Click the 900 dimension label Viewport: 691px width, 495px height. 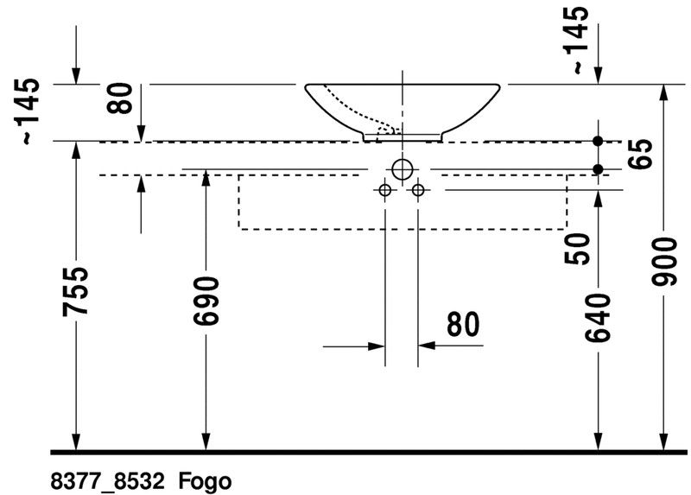coord(664,262)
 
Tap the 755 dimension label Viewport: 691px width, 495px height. coord(75,292)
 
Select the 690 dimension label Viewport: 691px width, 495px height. coord(206,301)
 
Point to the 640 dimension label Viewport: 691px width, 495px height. coord(598,317)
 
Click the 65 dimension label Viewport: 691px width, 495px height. coord(640,154)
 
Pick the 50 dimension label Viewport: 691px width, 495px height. coord(577,249)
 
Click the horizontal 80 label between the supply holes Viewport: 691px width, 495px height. coord(463,324)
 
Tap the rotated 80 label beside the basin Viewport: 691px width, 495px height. coord(119,98)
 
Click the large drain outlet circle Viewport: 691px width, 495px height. coord(403,169)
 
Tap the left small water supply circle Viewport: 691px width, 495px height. coord(385,190)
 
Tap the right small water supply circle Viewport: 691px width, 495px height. coord(418,190)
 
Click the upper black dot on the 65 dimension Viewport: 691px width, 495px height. coord(598,141)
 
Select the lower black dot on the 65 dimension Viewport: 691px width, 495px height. coord(598,169)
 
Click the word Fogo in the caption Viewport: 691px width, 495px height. coord(205,481)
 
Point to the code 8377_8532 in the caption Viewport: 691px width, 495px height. coord(107,481)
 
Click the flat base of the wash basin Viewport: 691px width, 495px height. coord(403,141)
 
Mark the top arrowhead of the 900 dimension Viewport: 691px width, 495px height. coord(664,92)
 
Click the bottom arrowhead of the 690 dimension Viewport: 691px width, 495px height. coord(206,442)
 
